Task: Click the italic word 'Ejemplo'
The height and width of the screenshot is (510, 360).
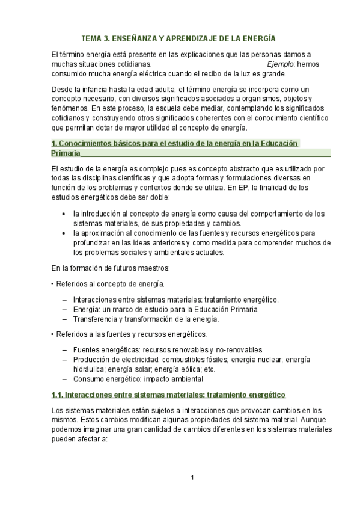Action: point(280,64)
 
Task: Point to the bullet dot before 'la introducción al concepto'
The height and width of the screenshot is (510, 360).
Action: point(64,214)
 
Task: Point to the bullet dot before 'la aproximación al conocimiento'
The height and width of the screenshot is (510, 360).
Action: point(64,233)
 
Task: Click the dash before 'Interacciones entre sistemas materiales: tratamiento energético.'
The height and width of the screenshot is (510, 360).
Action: point(64,300)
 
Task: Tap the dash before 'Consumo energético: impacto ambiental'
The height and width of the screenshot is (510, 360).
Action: point(64,379)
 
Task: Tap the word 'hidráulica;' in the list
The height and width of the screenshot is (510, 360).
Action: point(91,369)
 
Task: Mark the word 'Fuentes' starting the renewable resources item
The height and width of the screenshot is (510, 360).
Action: point(86,350)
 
